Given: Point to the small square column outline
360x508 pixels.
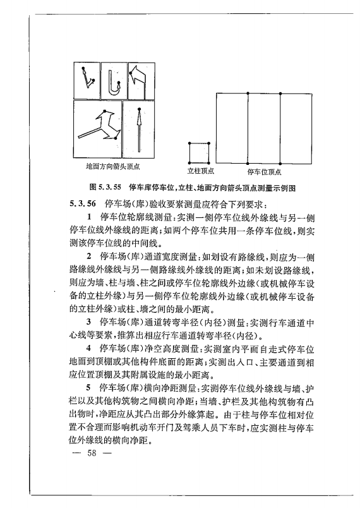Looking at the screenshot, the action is tap(198, 152).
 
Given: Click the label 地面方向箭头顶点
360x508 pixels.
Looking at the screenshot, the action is tap(112, 167).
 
